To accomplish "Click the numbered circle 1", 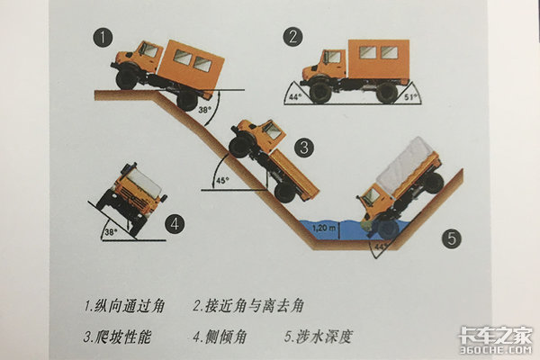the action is click(x=103, y=38).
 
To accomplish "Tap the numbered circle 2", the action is click(x=293, y=37).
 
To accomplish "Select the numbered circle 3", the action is click(x=304, y=148).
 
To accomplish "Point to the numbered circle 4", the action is click(x=175, y=224).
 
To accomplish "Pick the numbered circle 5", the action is click(x=452, y=238).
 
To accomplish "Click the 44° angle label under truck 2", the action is click(x=295, y=97).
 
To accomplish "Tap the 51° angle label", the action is click(x=410, y=97).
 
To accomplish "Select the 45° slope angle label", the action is click(x=223, y=181).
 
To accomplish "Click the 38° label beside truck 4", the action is click(x=110, y=232).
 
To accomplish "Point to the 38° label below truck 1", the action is click(x=203, y=110).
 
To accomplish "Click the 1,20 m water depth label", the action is click(x=324, y=228).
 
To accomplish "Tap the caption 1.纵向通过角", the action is click(x=124, y=306).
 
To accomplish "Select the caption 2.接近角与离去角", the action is click(x=248, y=306).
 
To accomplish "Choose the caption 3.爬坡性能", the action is click(x=117, y=337).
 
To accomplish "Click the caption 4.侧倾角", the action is click(x=220, y=337).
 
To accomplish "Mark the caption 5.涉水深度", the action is click(x=319, y=337).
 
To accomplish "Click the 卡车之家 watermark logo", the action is click(x=495, y=339).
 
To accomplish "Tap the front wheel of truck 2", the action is click(x=320, y=91).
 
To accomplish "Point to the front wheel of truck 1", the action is click(x=126, y=79).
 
